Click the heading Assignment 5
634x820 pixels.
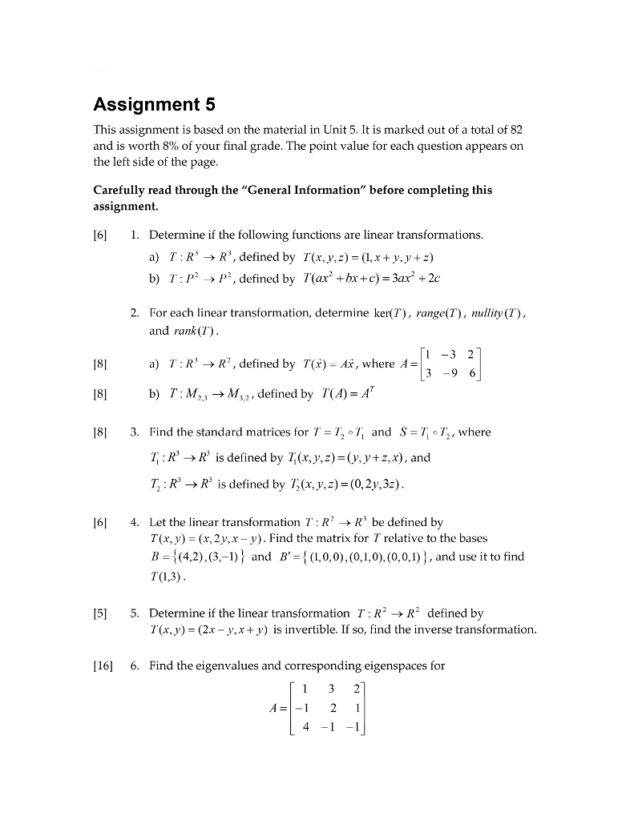[155, 104]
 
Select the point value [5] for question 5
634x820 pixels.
[101, 613]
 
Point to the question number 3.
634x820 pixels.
[134, 432]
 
